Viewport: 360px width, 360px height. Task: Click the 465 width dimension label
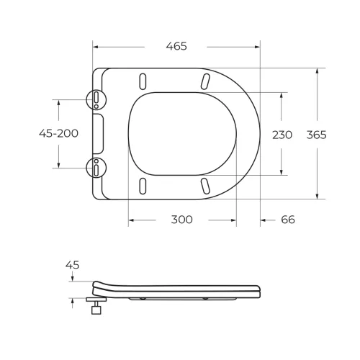point(176,46)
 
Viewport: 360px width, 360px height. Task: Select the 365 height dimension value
point(316,135)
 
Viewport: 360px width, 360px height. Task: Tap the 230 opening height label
point(282,135)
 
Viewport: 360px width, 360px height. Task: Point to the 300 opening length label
point(181,220)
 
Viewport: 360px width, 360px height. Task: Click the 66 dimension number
point(287,220)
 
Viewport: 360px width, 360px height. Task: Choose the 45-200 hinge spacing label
point(58,133)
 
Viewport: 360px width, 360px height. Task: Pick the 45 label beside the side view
point(72,265)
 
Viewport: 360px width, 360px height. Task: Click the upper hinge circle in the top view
point(95,99)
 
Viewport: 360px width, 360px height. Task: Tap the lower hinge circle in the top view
point(95,168)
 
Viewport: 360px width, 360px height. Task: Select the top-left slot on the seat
point(143,80)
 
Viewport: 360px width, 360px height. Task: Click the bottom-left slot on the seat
point(143,186)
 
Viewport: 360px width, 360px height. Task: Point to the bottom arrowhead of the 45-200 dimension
point(58,164)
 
